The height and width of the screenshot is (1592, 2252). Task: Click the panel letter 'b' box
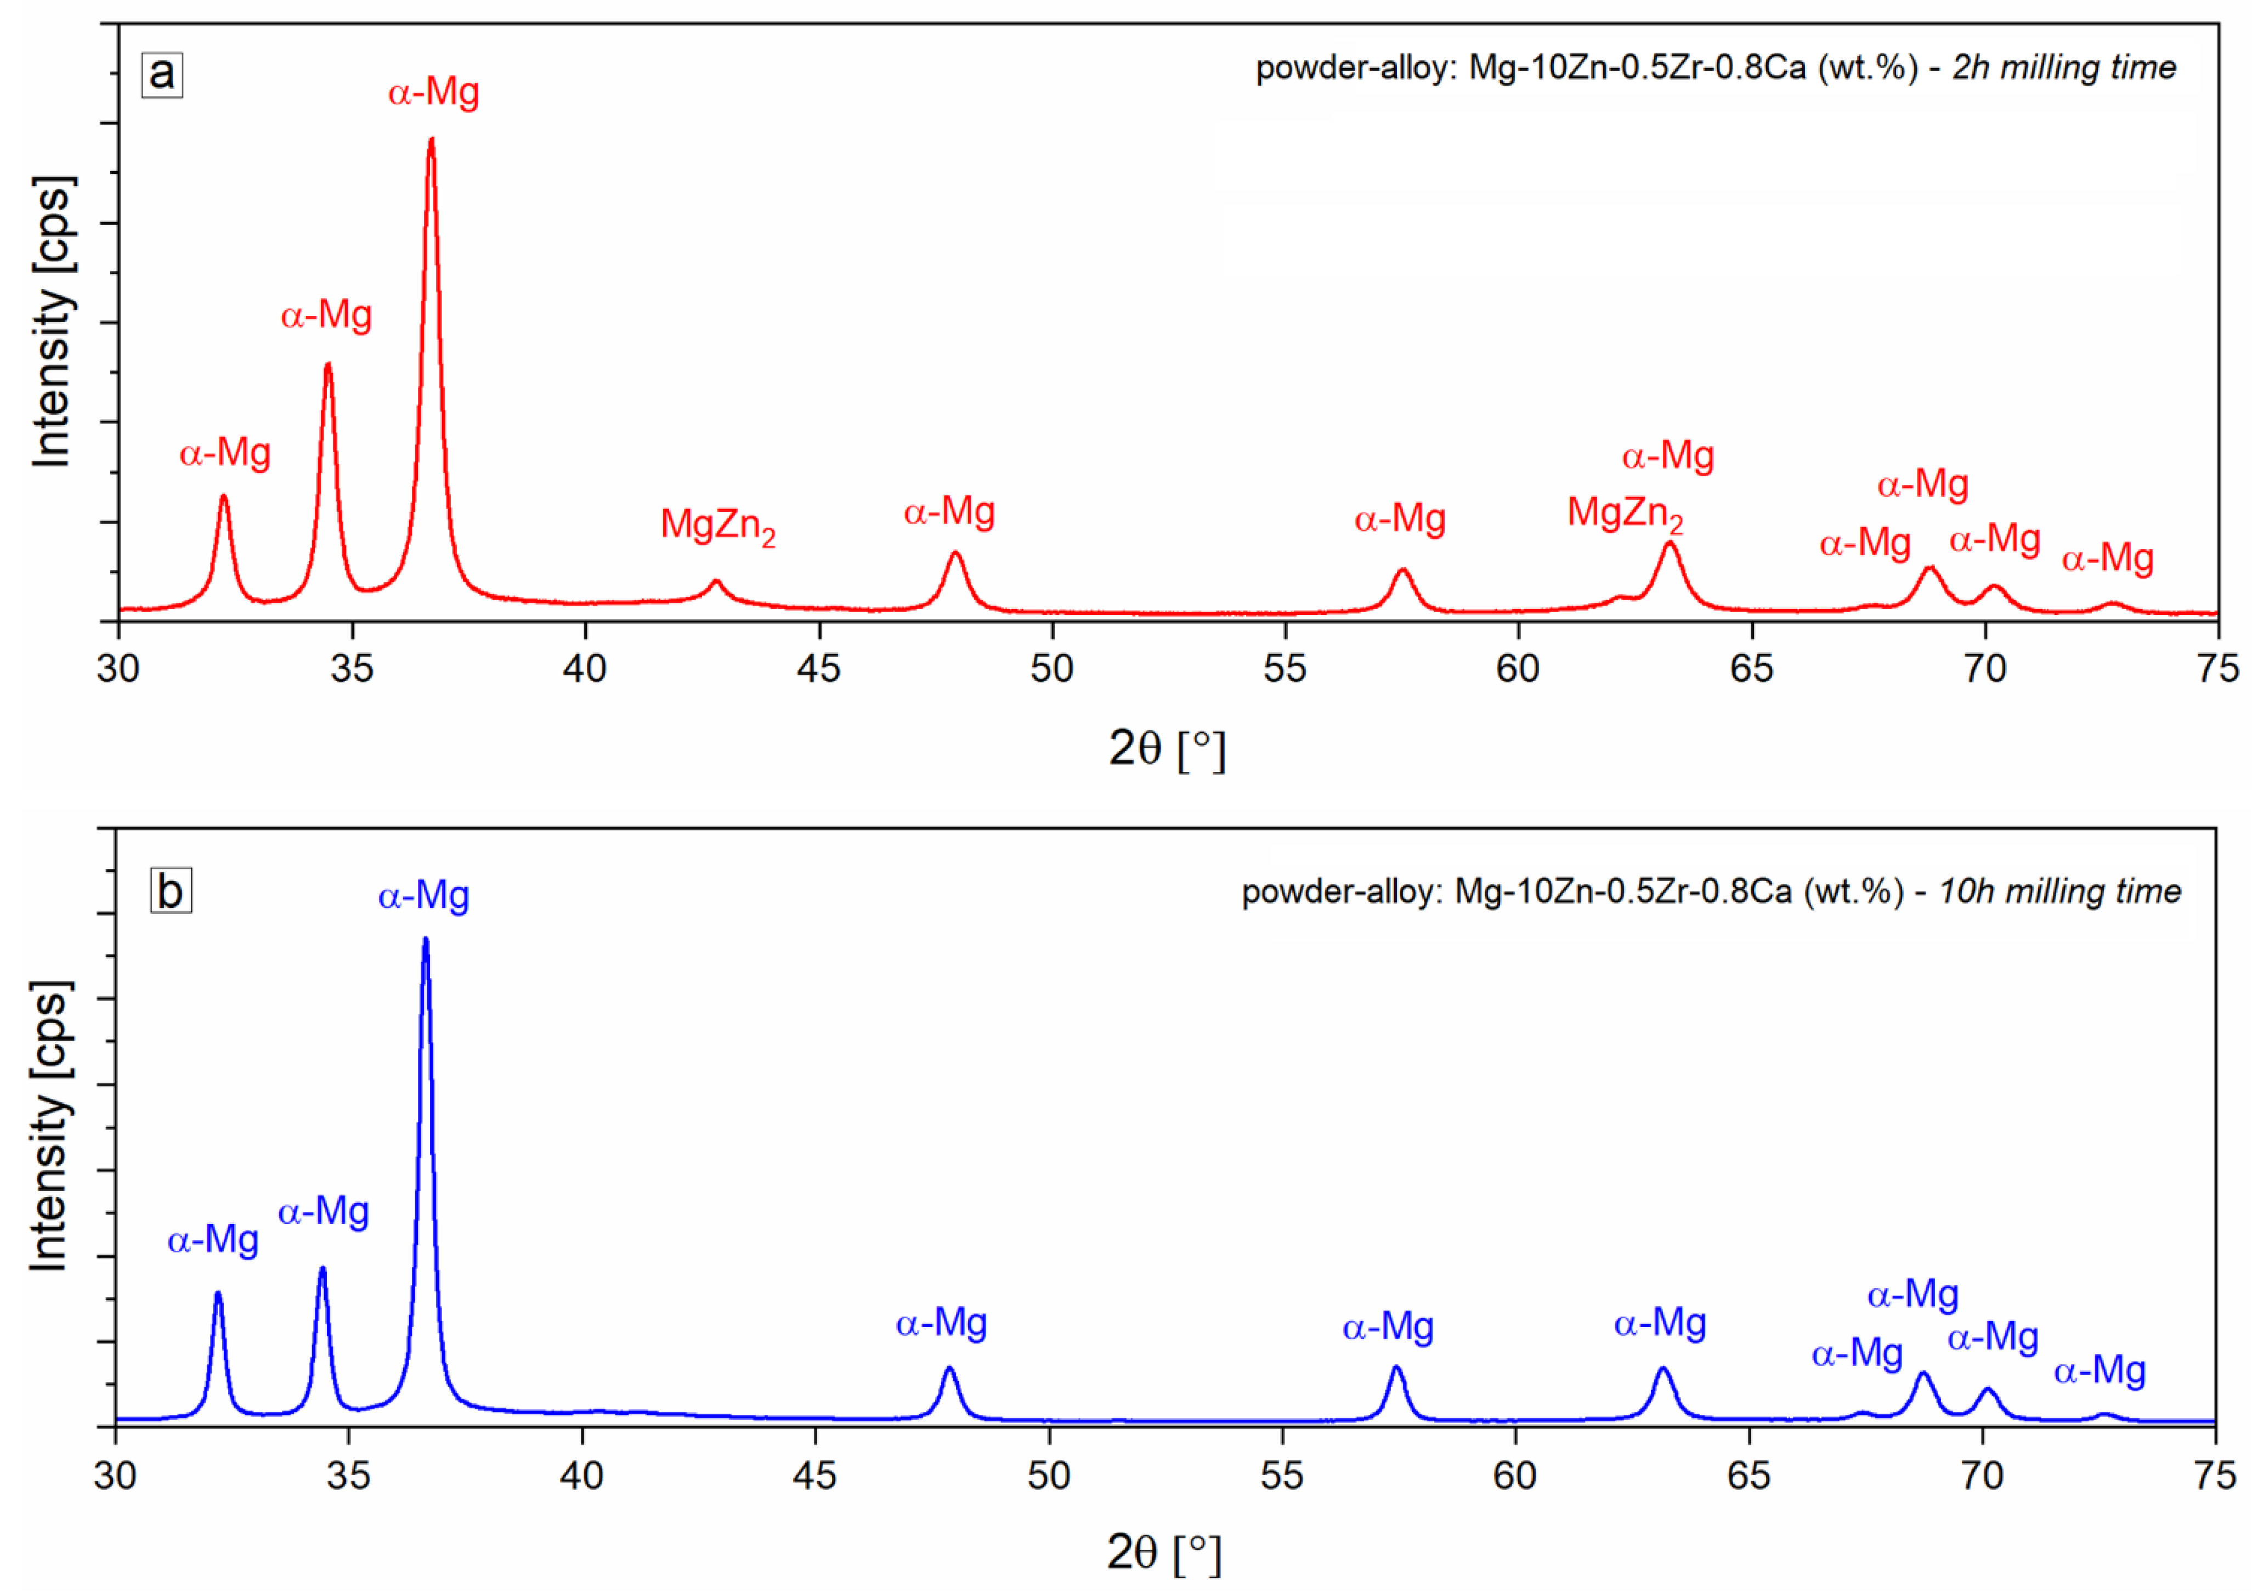coord(171,891)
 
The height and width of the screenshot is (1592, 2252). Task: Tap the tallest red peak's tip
coord(432,140)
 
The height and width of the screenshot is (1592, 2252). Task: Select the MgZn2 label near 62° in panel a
coord(1624,514)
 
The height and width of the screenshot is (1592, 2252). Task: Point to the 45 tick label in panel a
coord(818,669)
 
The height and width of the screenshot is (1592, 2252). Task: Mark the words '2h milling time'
coord(2064,67)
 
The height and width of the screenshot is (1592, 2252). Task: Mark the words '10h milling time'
coord(2059,891)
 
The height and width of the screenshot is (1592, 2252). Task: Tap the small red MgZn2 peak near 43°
coord(716,583)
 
